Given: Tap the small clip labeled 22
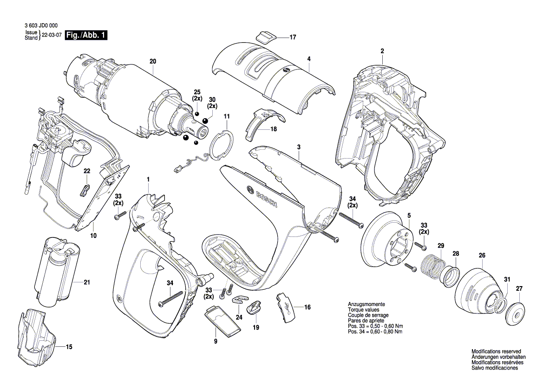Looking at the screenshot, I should (85, 188).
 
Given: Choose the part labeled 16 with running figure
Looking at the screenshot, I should (288, 307).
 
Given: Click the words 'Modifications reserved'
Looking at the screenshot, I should (496, 351).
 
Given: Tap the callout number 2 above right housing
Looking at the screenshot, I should (382, 51).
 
